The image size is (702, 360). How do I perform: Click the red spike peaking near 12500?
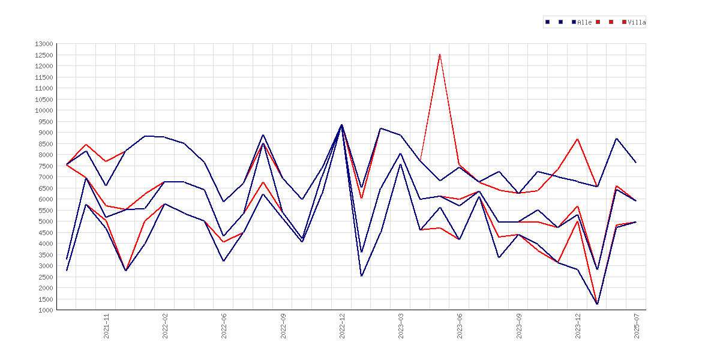[x=440, y=55]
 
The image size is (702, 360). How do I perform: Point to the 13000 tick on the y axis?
[x=44, y=44]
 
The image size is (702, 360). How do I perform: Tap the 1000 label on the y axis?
[x=46, y=310]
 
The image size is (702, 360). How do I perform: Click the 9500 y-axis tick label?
[x=46, y=121]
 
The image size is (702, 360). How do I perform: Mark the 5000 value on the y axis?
[x=46, y=221]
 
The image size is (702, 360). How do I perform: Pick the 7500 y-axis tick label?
[x=46, y=166]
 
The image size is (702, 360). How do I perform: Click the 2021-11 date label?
[x=107, y=326]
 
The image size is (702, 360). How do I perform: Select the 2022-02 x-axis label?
[x=165, y=326]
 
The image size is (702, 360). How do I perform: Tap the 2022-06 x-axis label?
[x=224, y=326]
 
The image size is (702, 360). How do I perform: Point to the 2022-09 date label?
[x=283, y=326]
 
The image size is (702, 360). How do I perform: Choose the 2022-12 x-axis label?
[x=343, y=326]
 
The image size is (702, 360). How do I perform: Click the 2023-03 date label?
[x=401, y=326]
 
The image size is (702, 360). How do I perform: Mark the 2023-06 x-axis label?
[x=460, y=326]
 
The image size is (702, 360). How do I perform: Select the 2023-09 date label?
[x=520, y=326]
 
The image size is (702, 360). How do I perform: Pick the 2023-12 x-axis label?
[x=578, y=326]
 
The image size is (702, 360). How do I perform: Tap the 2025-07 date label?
[x=637, y=326]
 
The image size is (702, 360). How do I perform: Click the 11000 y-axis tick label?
[x=44, y=88]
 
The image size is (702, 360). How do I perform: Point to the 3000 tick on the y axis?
[x=46, y=266]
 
